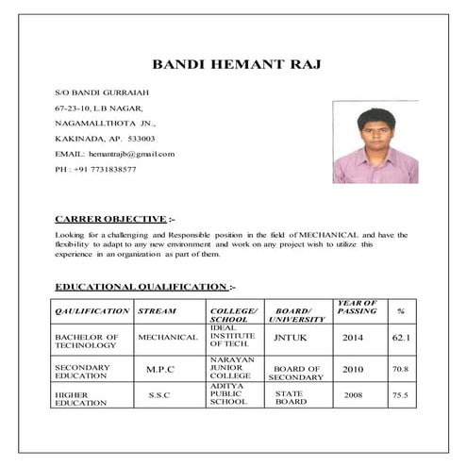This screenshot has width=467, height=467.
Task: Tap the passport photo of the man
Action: (x=375, y=142)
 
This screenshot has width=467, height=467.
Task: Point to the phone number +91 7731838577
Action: (x=105, y=169)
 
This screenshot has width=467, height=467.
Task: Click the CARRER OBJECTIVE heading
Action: (x=110, y=218)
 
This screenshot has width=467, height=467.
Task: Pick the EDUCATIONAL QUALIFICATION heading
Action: (x=142, y=286)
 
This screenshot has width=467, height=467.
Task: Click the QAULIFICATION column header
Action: (x=92, y=310)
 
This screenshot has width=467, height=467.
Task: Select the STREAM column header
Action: (x=157, y=310)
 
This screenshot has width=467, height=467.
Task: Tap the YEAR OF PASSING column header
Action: (x=357, y=307)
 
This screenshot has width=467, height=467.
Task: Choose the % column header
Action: (x=401, y=310)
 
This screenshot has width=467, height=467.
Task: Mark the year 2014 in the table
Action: (x=353, y=337)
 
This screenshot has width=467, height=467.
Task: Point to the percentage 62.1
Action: (x=400, y=337)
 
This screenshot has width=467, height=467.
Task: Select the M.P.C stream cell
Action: (x=160, y=369)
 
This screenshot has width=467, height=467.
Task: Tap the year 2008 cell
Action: (x=353, y=394)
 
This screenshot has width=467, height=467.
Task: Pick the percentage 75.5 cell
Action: (x=400, y=394)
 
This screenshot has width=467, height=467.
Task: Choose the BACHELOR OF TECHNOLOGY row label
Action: (x=86, y=341)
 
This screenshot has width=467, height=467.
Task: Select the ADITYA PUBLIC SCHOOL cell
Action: (x=228, y=394)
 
